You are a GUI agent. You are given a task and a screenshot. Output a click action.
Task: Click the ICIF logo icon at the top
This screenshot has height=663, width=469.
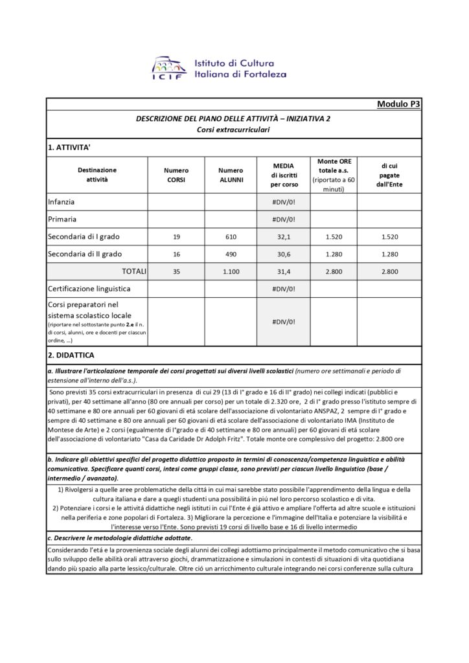(x=170, y=68)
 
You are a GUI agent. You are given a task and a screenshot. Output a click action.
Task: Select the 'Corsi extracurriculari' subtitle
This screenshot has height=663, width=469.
(x=233, y=129)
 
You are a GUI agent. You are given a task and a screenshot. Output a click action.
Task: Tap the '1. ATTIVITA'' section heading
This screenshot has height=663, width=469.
(x=69, y=148)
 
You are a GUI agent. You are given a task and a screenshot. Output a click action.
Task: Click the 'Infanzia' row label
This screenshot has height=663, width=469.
(x=62, y=202)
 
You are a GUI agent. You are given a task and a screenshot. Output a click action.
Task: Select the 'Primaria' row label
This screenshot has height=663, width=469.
(x=63, y=219)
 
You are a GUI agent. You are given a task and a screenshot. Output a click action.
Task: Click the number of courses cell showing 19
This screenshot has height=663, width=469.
(x=176, y=237)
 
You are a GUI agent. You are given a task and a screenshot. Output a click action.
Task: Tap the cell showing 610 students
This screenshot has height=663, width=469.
(x=231, y=237)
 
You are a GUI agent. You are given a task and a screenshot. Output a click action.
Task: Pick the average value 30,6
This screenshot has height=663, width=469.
(x=284, y=254)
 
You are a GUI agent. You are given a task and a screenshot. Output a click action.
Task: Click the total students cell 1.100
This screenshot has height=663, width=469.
(x=231, y=272)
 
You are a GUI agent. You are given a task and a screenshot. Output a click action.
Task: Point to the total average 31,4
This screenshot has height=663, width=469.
(x=284, y=272)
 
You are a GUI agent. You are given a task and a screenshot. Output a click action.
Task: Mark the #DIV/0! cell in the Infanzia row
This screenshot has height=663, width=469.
(x=284, y=202)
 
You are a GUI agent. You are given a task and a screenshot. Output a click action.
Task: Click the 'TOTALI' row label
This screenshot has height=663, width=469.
(x=130, y=271)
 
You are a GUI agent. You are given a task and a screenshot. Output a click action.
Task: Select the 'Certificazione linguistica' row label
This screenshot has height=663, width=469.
(x=89, y=287)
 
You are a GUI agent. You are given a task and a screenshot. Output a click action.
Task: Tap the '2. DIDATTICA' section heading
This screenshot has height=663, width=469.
(x=71, y=355)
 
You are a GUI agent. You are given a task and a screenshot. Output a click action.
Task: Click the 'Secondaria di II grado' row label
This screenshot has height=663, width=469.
(x=85, y=254)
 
